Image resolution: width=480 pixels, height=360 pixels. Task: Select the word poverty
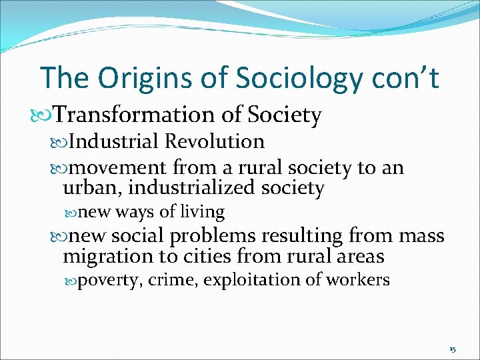point(110,280)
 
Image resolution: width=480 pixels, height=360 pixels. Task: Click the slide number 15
point(453,349)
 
